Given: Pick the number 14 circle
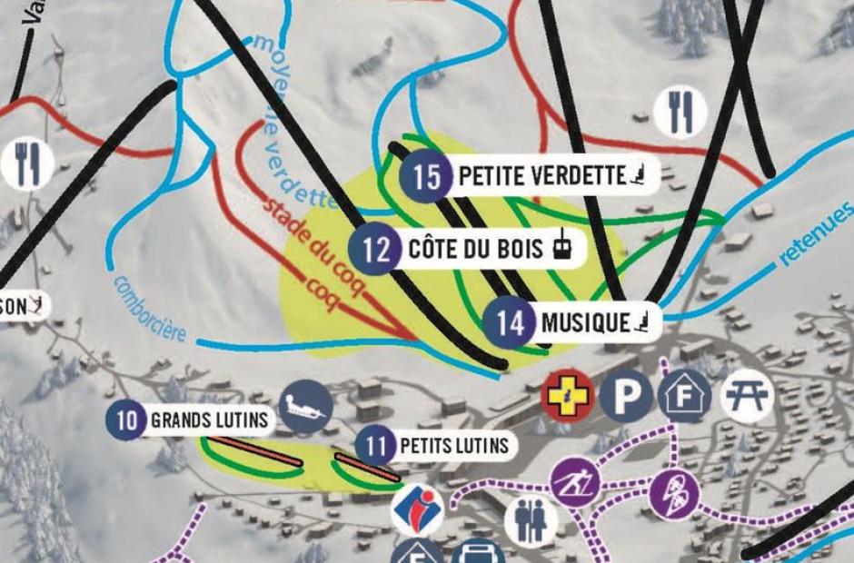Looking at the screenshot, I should pyautogui.click(x=511, y=323).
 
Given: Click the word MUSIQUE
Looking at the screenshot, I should pyautogui.click(x=585, y=322).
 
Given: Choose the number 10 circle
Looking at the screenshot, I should pyautogui.click(x=126, y=420).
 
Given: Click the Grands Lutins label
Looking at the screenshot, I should pyautogui.click(x=210, y=420).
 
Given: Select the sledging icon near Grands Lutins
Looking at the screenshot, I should pyautogui.click(x=304, y=408).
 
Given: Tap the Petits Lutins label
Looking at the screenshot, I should pyautogui.click(x=453, y=446).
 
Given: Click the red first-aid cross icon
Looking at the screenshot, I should pyautogui.click(x=567, y=397).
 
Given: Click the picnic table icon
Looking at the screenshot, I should pyautogui.click(x=748, y=396).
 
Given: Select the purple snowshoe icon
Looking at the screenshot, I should pyautogui.click(x=675, y=494).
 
